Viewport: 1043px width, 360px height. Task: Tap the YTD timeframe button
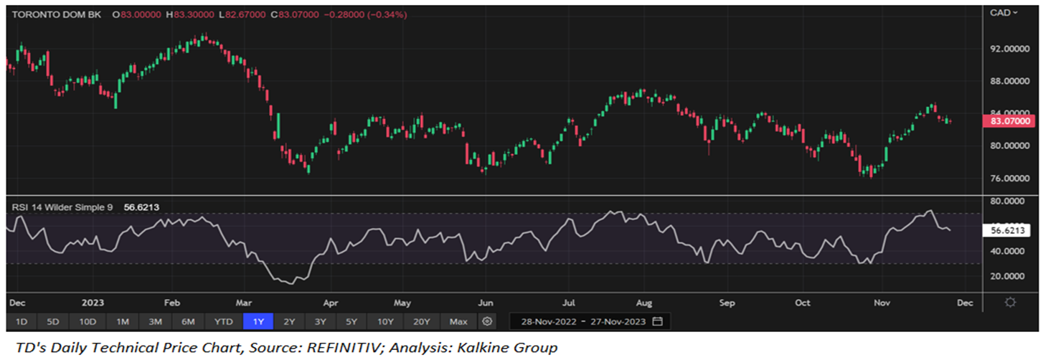[x=224, y=321]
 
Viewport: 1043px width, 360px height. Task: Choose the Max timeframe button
[x=458, y=321]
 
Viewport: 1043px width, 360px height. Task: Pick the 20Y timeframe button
[x=421, y=321]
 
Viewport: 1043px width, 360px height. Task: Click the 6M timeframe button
[x=188, y=321]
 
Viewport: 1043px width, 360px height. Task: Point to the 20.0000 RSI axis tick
[x=1005, y=276]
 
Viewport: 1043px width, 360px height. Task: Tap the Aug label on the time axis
[x=643, y=303]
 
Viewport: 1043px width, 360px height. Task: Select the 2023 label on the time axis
[x=94, y=303]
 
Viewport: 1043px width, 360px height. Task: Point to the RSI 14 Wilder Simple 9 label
[x=62, y=207]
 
